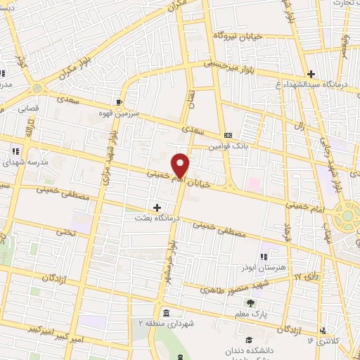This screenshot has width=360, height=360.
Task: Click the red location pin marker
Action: pos(181,165)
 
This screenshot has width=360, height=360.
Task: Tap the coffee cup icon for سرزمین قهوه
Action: pos(127,101)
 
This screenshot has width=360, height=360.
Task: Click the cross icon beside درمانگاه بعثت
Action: pos(156,207)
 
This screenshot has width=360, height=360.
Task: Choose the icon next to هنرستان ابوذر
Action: pos(264,257)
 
